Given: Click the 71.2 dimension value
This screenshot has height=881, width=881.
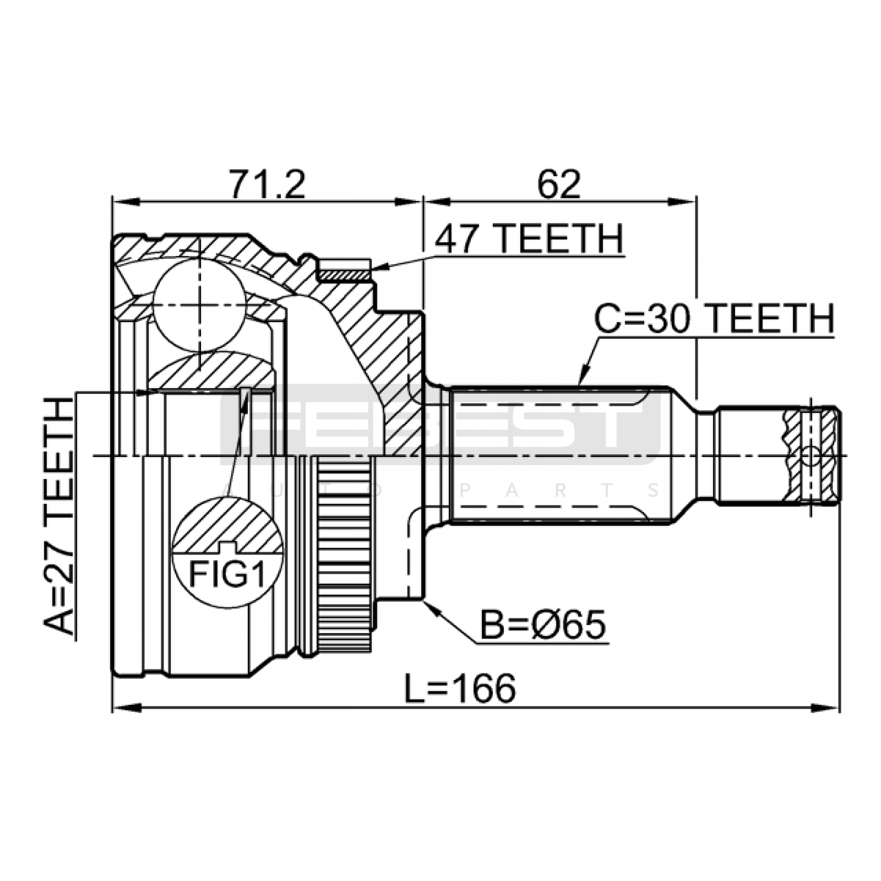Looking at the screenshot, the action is [x=267, y=184].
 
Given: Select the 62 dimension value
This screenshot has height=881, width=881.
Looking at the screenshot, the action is [x=559, y=184].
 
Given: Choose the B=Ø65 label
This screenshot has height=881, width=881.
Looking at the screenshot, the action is [x=543, y=624].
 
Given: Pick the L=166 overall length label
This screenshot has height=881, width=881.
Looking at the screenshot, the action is [x=460, y=688].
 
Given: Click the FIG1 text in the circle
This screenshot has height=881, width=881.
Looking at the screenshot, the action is [x=227, y=574].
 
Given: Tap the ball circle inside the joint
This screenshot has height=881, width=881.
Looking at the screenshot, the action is [x=199, y=306].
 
